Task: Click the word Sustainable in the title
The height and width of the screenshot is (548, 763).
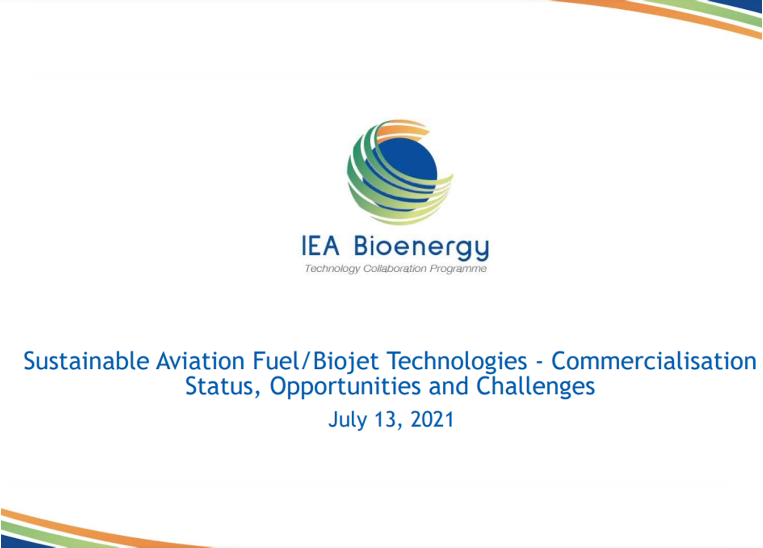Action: click(x=87, y=361)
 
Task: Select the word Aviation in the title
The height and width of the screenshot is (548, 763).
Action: click(x=200, y=361)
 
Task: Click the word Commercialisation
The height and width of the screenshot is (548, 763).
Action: click(x=654, y=361)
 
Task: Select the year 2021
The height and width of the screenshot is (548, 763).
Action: click(x=432, y=419)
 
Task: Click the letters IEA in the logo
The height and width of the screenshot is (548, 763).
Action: click(x=321, y=246)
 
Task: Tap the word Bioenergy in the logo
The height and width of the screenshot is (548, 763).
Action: click(x=421, y=247)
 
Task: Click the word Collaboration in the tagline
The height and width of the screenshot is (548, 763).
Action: click(x=395, y=268)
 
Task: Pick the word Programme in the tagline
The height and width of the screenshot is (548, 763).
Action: click(x=458, y=269)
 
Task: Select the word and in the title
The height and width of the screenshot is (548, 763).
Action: click(x=449, y=387)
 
